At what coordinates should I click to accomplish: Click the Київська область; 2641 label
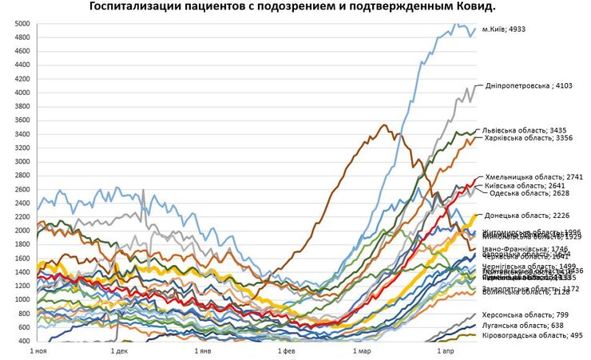click(525, 184)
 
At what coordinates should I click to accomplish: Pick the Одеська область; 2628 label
click(524, 192)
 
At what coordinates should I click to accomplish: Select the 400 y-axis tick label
click(25, 341)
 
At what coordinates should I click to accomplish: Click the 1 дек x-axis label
click(119, 350)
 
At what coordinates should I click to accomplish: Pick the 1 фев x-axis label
click(285, 350)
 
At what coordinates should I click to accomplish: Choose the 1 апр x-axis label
click(446, 350)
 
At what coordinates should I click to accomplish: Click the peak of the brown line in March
click(383, 125)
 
